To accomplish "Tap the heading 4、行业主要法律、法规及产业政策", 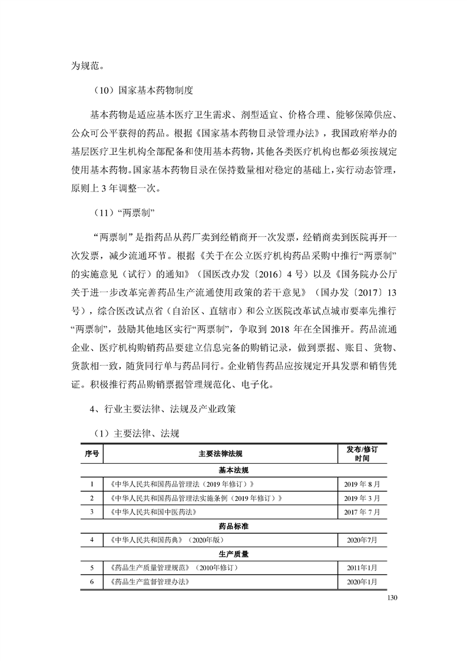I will click(162, 409).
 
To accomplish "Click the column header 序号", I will click(92, 453).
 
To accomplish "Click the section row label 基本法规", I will click(234, 470).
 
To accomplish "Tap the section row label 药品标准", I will click(234, 526).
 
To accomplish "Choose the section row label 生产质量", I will click(234, 554).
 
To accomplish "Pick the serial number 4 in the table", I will click(92, 540).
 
